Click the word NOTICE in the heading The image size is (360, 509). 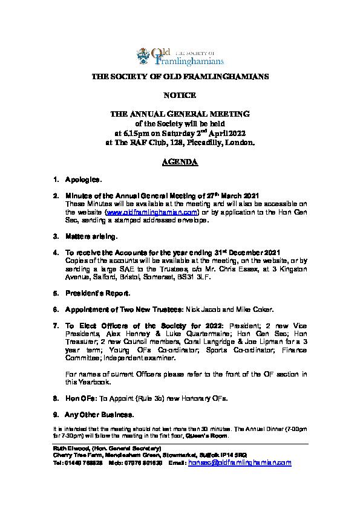point(180,96)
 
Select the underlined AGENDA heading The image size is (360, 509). point(180,163)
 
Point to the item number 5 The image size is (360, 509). point(56,293)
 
